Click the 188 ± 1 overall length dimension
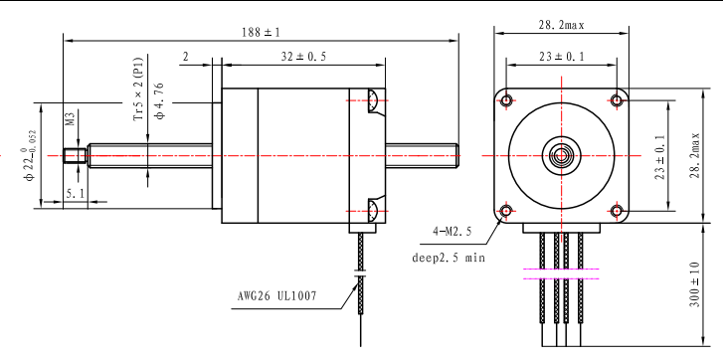pos(261,32)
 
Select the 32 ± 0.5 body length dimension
pos(303,57)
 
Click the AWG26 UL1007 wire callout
pos(277,293)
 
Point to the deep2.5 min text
pos(449,257)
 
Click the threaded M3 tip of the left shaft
pos(73,155)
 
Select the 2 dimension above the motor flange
pos(186,57)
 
